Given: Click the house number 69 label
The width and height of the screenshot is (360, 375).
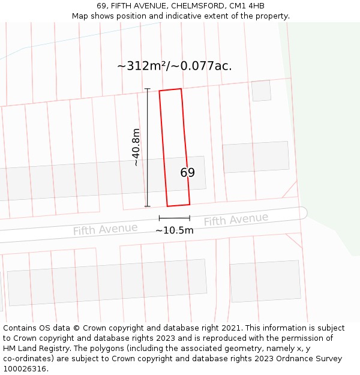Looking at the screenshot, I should coord(187,173).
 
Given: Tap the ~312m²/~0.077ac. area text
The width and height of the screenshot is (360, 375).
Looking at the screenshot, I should coord(174,66).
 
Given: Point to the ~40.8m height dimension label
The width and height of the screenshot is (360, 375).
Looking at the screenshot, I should coord(136,147).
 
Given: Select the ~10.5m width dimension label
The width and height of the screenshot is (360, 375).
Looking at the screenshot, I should coord(175,230).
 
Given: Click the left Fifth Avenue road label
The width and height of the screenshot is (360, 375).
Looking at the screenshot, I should coord(105,229).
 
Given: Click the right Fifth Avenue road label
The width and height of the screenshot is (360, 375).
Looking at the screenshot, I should coord(236,220).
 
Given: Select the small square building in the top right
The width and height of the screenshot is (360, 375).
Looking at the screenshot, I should coord(261,91).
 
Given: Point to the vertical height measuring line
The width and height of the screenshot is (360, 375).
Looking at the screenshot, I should coord(147,147).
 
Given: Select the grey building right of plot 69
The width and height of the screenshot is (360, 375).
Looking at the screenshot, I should coord(256,157).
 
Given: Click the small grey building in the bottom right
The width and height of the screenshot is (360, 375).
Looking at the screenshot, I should coord(265,281).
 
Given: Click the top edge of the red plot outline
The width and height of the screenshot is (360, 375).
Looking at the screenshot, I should coord(170,90).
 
